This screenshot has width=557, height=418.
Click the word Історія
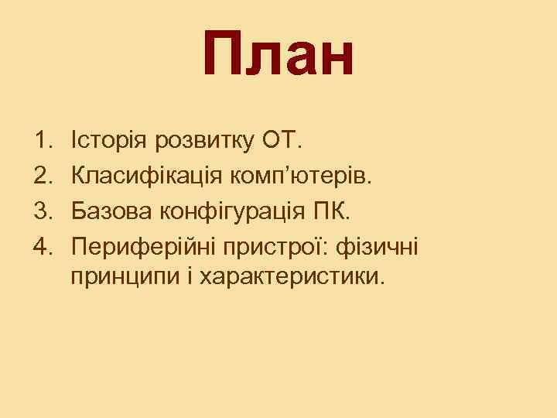tap(108, 142)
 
